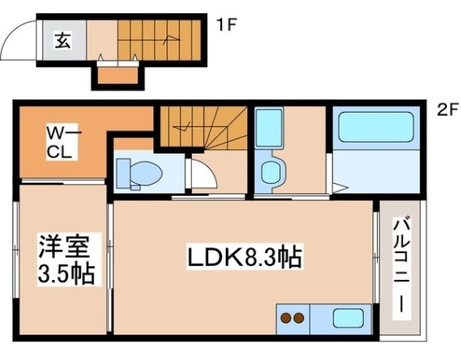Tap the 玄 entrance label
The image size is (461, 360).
(62, 38)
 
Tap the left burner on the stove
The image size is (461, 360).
(286, 318)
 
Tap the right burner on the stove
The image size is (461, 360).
(299, 318)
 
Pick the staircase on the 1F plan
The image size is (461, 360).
(158, 40)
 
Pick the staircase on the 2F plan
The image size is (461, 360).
(202, 127)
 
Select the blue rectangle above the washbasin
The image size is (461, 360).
(267, 128)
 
